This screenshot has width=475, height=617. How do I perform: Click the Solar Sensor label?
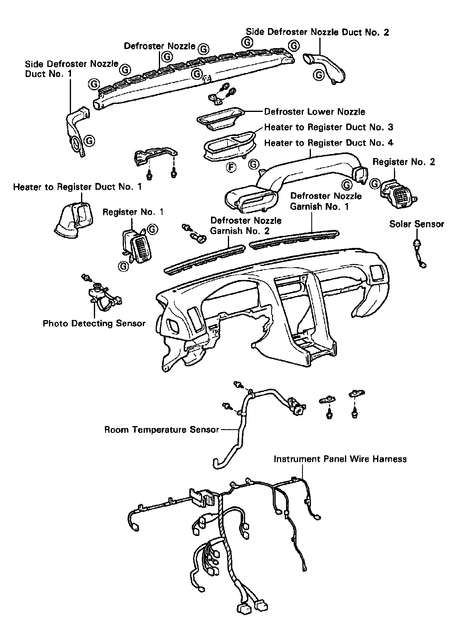click(416, 224)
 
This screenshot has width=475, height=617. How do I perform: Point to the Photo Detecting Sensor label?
click(94, 323)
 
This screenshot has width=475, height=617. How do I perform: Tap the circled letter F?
click(231, 167)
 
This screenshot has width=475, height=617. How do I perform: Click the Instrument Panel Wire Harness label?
click(340, 459)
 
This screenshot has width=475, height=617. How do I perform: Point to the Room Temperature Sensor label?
click(162, 430)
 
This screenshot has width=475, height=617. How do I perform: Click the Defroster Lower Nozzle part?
click(220, 118)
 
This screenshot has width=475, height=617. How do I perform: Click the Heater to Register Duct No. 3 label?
click(329, 127)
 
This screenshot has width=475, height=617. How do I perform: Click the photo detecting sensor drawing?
click(100, 296)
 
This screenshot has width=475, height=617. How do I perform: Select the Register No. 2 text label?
click(404, 162)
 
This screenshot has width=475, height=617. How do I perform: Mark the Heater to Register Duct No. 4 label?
click(329, 143)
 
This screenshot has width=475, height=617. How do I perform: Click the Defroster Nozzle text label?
click(159, 46)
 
